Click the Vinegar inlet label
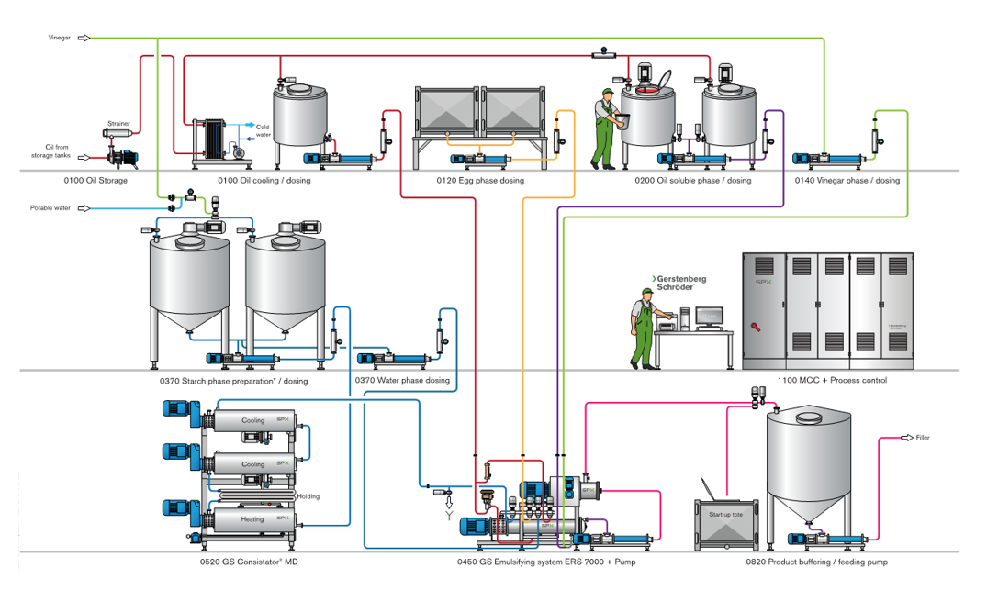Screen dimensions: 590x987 click(x=60, y=38)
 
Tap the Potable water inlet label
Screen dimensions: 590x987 click(x=50, y=208)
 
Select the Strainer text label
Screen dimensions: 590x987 click(x=118, y=123)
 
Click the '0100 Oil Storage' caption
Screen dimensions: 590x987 click(x=95, y=181)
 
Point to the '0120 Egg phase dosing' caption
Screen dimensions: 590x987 click(x=480, y=181)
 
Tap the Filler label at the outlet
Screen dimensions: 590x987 click(x=923, y=438)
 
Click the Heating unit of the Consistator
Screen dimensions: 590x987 click(x=252, y=519)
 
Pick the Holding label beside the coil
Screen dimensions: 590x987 click(x=308, y=496)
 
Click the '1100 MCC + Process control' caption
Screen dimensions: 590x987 click(x=834, y=380)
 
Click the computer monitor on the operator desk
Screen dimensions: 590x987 click(x=709, y=316)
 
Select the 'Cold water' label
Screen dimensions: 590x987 click(x=262, y=131)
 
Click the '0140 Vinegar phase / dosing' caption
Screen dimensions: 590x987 click(x=847, y=181)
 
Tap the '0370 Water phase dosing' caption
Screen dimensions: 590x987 click(x=402, y=380)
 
